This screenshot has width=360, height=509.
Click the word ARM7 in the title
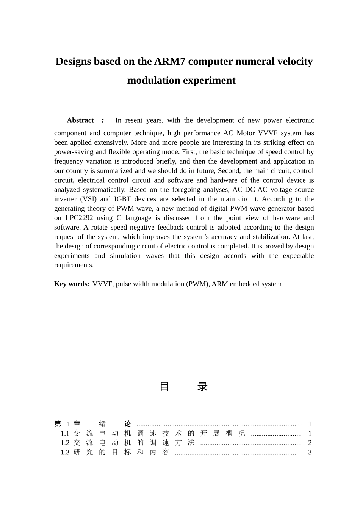click(x=170, y=61)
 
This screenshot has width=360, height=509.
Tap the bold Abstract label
click(x=80, y=120)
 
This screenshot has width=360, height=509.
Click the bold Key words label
click(x=71, y=284)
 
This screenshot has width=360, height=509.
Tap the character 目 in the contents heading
click(x=164, y=386)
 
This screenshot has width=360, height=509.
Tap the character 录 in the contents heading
click(x=203, y=386)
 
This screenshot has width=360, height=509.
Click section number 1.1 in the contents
click(x=65, y=434)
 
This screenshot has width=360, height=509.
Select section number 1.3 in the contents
click(x=65, y=453)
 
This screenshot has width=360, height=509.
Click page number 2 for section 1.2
click(x=310, y=443)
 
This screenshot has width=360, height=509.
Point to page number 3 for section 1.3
click(x=310, y=453)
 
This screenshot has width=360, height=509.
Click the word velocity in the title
click(x=295, y=61)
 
